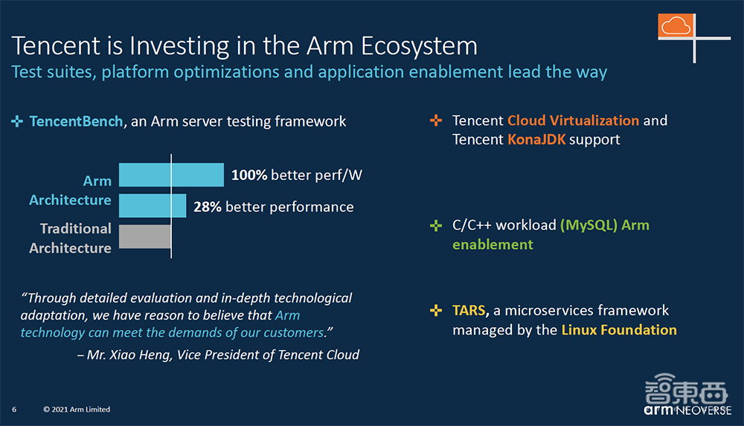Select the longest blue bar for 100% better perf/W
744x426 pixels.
[x=171, y=175]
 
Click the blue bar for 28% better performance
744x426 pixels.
[x=153, y=206]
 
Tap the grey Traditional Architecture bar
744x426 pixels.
[x=145, y=236]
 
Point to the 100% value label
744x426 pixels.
[x=249, y=175]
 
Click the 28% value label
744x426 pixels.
[x=208, y=207]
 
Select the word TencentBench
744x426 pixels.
[x=76, y=121]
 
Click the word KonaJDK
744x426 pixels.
[x=536, y=140]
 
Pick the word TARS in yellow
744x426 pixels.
[x=469, y=311]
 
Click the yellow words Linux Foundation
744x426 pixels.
[x=619, y=330]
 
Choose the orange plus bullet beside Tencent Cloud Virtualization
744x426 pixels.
[x=436, y=120]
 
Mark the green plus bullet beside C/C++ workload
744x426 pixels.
[x=436, y=225]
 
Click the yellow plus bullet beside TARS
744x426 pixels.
[x=436, y=311]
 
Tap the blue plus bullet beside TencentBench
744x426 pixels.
[x=17, y=121]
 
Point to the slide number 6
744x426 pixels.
[x=14, y=410]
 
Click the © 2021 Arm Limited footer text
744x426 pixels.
[x=77, y=410]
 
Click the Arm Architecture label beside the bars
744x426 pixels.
[x=71, y=190]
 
